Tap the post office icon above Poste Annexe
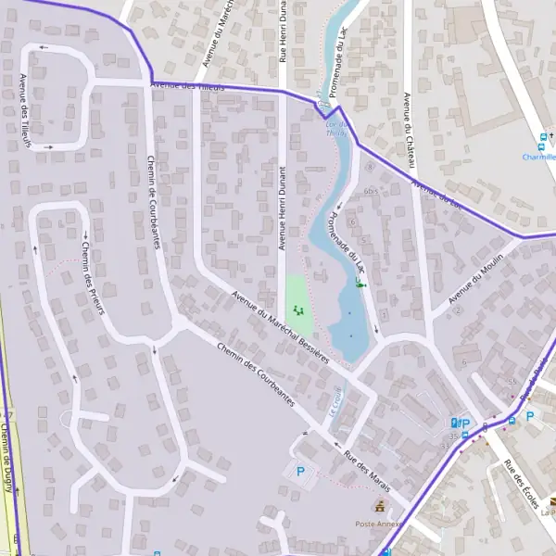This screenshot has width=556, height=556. click(x=378, y=506)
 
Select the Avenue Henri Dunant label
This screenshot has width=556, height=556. click(x=283, y=208)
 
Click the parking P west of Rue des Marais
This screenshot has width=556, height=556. click(x=299, y=472)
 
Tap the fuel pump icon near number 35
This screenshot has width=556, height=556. click(x=453, y=423)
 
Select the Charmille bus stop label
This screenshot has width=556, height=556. click(x=537, y=158)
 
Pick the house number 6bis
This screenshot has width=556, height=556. click(x=370, y=191)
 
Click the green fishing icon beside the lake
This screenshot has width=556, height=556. click(x=360, y=283)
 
